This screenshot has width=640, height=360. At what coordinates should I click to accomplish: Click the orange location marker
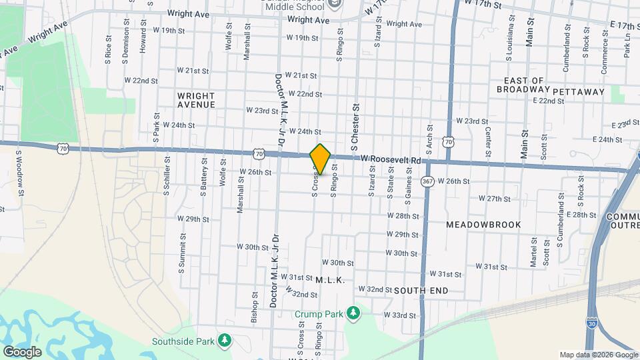click(320, 159)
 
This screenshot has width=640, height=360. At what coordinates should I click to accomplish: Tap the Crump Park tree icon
click(354, 313)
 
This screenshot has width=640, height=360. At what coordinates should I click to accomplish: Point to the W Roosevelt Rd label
click(391, 159)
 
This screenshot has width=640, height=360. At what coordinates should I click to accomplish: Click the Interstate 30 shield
click(593, 323)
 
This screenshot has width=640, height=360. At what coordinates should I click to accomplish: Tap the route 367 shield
click(427, 181)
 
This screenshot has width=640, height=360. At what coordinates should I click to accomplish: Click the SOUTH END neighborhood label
click(421, 291)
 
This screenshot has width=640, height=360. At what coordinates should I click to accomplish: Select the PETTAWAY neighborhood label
click(578, 91)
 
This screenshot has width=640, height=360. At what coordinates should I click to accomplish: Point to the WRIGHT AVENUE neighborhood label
click(196, 100)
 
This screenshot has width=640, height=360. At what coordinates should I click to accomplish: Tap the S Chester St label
click(355, 126)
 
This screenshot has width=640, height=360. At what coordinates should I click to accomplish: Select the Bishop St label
click(254, 307)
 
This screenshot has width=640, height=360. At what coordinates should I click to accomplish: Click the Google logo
click(21, 351)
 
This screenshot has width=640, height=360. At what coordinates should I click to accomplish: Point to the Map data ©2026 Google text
click(598, 355)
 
